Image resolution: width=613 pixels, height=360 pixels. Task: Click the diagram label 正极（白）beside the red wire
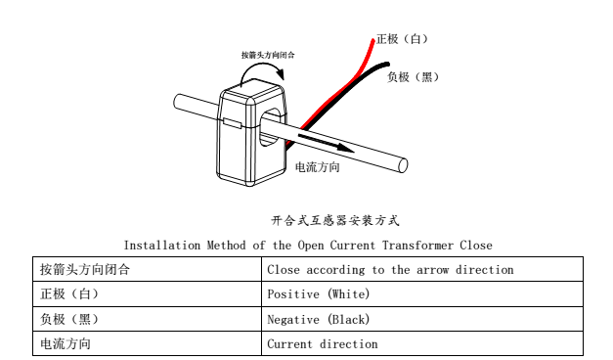(x=402, y=39)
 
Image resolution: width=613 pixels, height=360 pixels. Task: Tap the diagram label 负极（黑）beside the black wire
(x=413, y=77)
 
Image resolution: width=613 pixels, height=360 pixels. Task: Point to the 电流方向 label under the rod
(x=317, y=167)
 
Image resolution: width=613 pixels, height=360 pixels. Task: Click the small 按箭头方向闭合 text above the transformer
(x=268, y=55)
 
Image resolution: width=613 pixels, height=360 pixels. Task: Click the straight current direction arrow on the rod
(x=326, y=143)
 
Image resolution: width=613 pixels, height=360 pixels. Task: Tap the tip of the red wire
(x=372, y=40)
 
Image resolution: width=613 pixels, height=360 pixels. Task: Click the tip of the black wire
(x=387, y=65)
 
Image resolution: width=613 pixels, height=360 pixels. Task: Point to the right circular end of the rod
(x=403, y=165)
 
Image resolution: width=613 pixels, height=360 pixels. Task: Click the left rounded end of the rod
(x=177, y=102)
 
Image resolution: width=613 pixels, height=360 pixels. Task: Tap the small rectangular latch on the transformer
(x=233, y=123)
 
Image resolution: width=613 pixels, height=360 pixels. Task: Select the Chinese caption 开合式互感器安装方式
(x=335, y=221)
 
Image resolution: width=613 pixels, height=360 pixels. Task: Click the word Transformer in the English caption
(x=417, y=246)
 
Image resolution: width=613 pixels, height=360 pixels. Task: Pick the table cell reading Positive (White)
(x=422, y=293)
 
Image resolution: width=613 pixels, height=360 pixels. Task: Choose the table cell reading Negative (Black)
(x=422, y=319)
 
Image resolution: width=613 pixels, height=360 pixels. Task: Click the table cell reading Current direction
(x=422, y=343)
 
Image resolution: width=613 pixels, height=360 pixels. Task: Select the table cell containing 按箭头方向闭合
(x=147, y=269)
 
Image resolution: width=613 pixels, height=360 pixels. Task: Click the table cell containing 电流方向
(x=147, y=343)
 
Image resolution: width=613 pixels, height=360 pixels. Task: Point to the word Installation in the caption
(x=162, y=246)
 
